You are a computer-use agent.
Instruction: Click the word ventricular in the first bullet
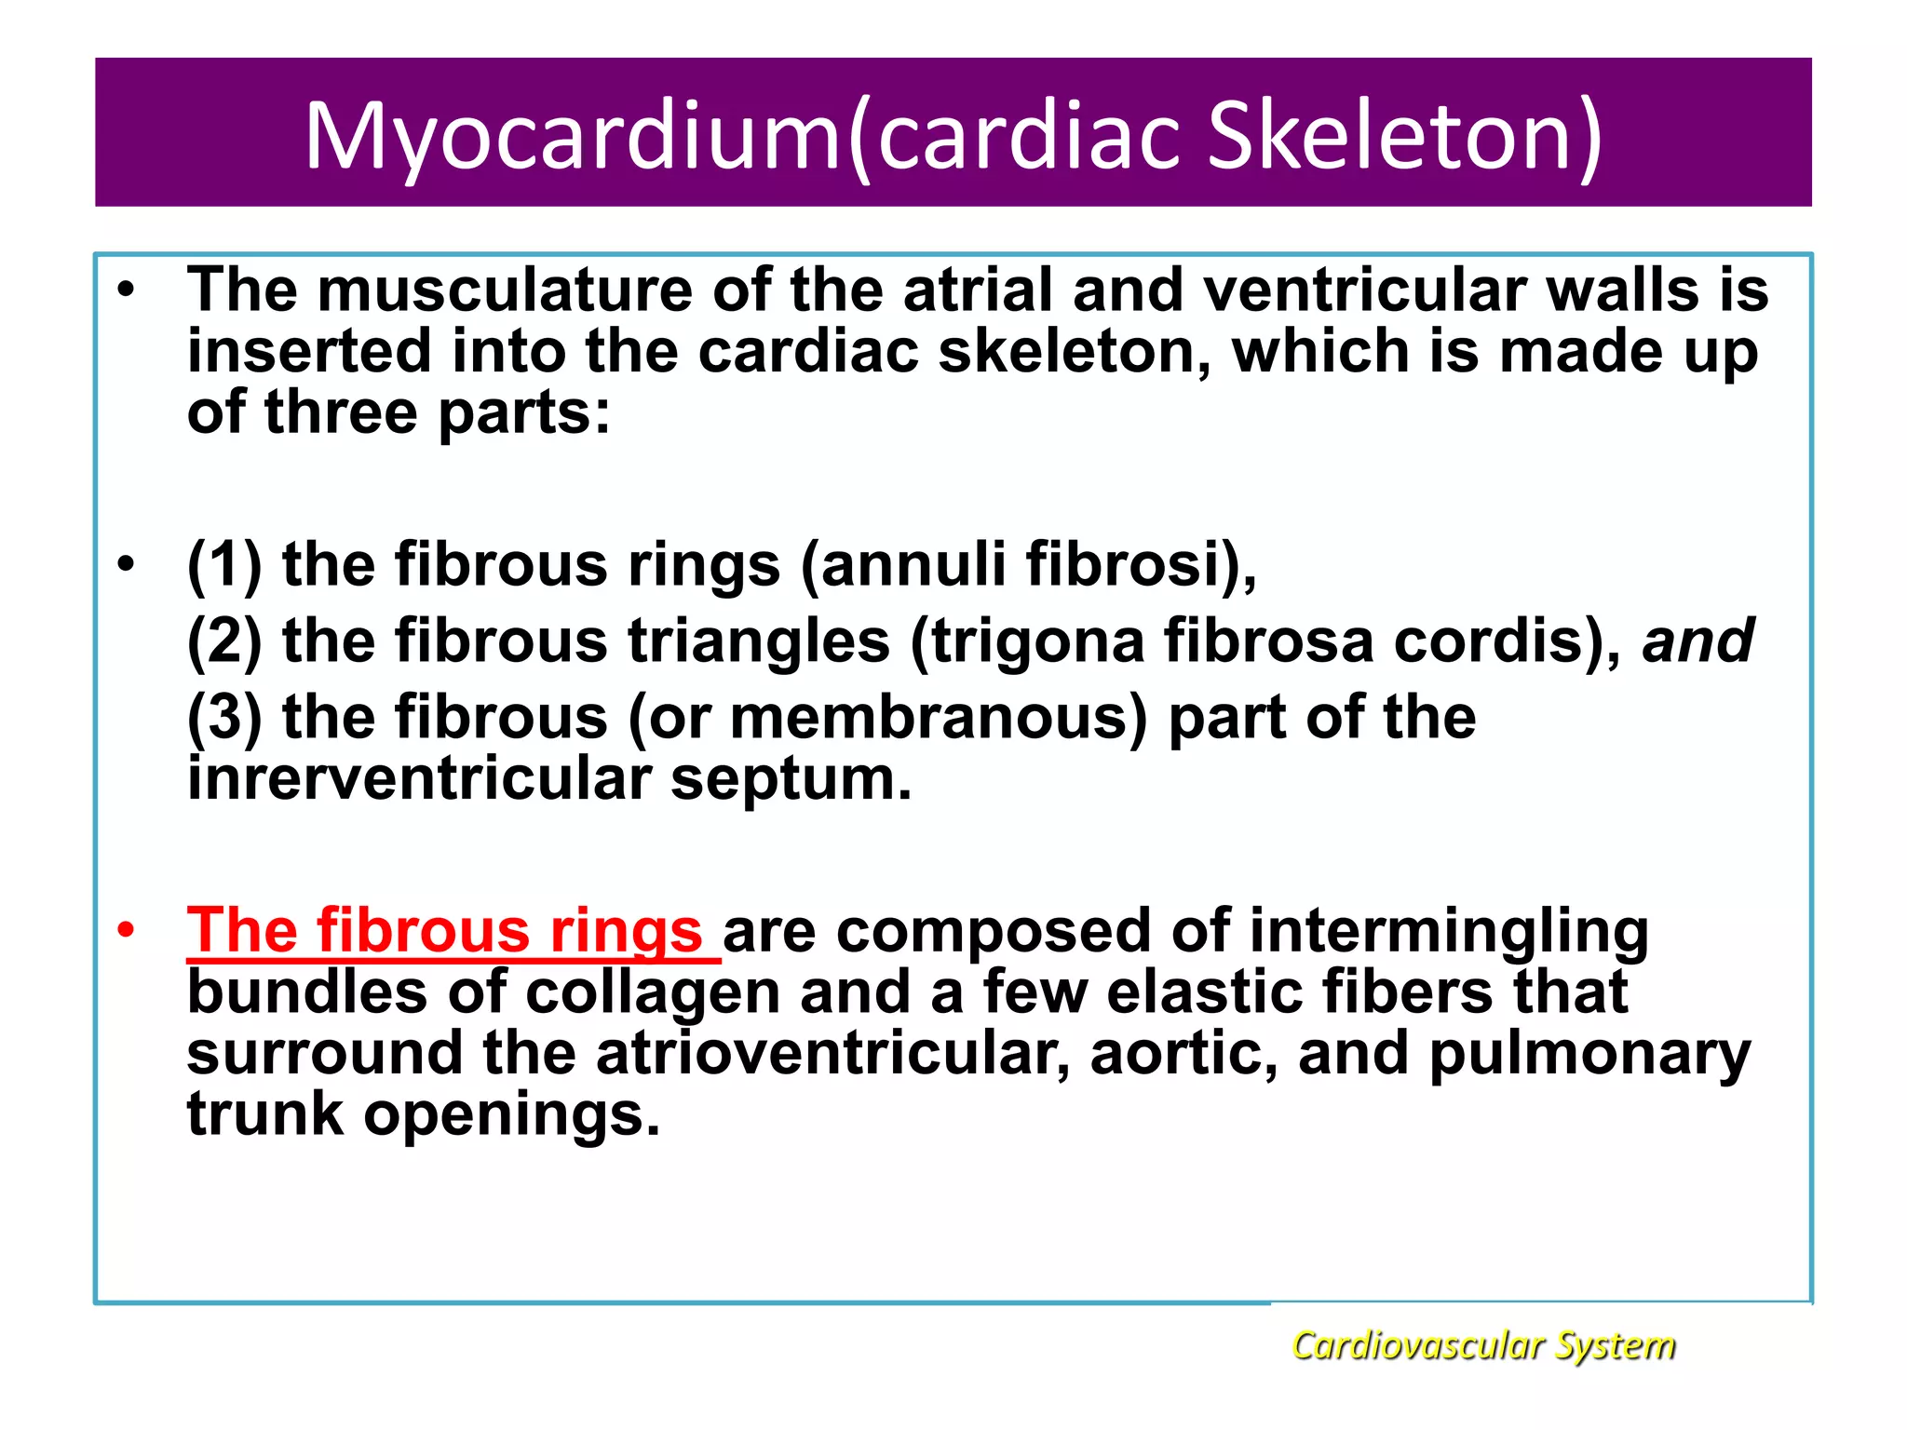[x=1364, y=290]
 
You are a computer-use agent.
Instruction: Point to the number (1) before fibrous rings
[x=224, y=564]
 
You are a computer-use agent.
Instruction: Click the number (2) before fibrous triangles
[x=224, y=641]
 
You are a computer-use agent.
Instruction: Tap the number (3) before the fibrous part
[x=224, y=718]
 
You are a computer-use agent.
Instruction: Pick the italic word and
[x=1697, y=641]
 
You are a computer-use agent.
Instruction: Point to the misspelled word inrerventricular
[x=419, y=778]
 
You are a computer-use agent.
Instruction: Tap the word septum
[x=791, y=778]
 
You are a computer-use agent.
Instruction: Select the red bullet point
[x=127, y=930]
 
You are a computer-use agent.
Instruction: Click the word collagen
[x=653, y=992]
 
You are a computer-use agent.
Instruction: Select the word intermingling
[x=1448, y=930]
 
